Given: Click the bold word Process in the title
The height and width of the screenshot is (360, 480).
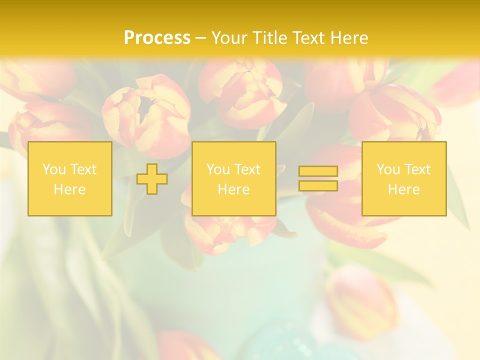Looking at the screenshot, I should click(x=157, y=38).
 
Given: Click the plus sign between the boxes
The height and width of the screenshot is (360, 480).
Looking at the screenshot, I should click(x=152, y=179).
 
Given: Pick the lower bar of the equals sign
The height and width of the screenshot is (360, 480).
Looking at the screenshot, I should click(x=318, y=186).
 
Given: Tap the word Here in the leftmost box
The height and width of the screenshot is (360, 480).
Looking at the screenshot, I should click(x=69, y=189).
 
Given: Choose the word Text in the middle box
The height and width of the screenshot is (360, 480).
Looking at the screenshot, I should click(x=247, y=169).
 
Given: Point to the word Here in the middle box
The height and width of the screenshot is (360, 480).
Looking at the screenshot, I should click(x=233, y=189).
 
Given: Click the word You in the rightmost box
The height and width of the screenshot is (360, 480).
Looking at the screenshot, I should click(x=388, y=169).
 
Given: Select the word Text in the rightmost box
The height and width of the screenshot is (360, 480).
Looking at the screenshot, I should click(x=417, y=169).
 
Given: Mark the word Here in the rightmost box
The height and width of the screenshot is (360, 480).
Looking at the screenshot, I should click(x=403, y=189).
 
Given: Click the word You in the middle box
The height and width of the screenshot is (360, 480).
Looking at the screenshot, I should click(x=218, y=169).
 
